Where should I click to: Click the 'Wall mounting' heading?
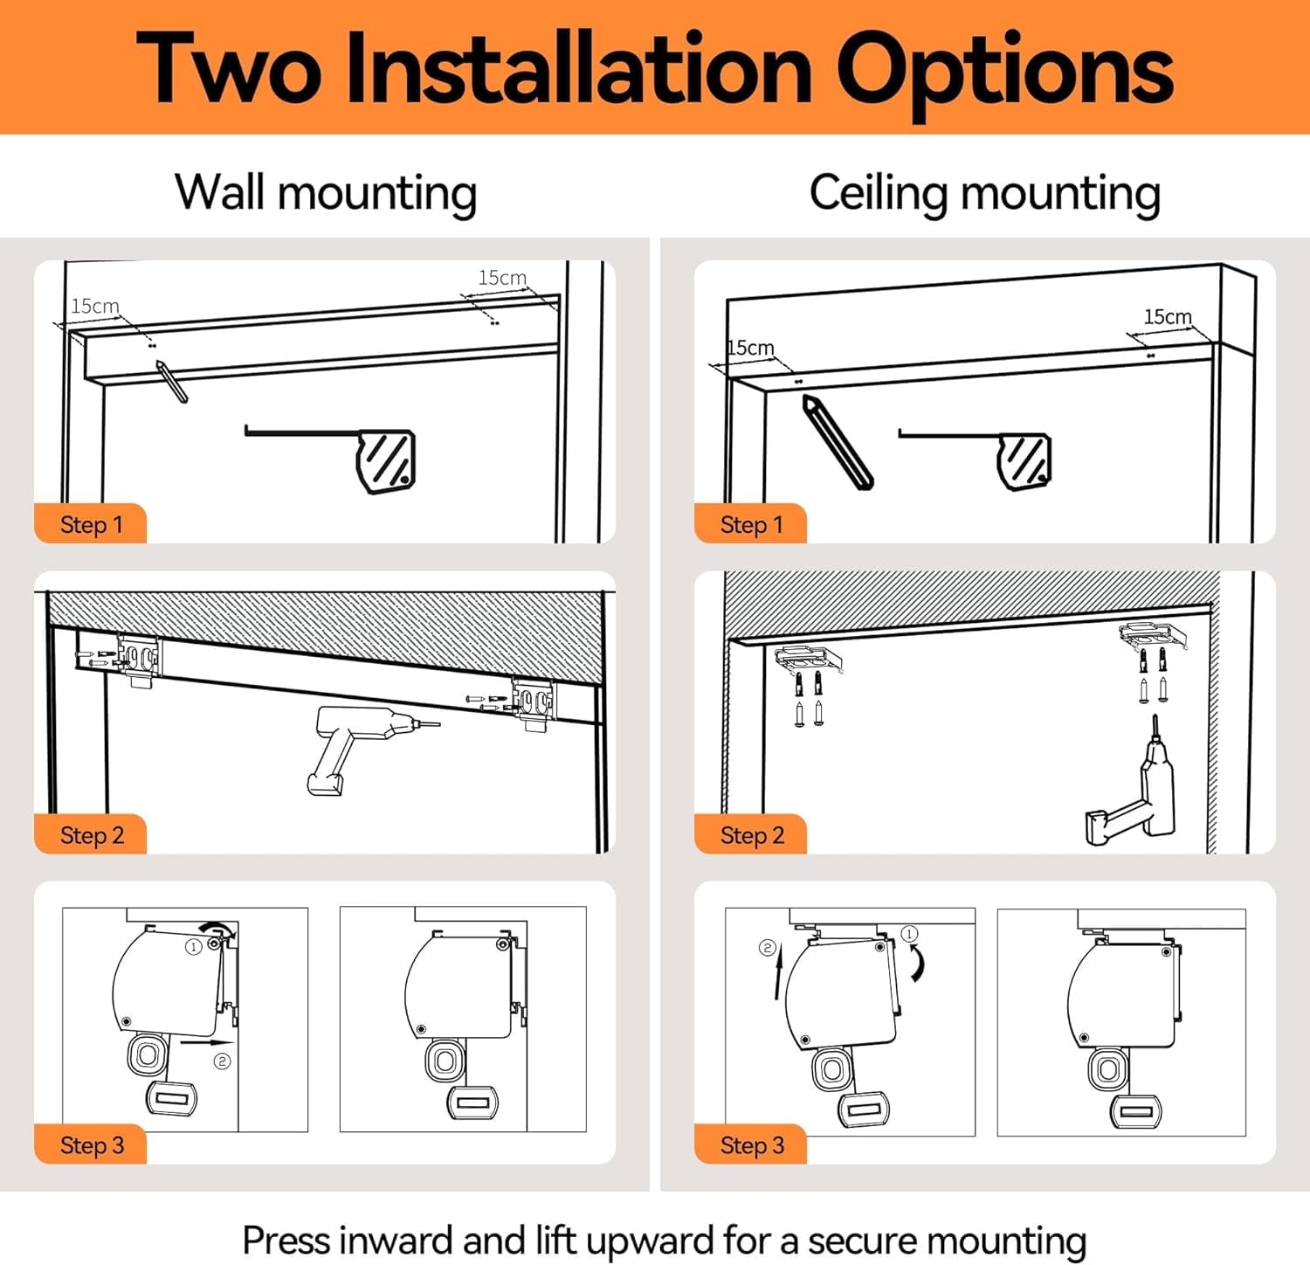pos(326,192)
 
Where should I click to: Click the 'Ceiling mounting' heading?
pos(985,192)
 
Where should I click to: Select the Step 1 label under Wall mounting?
pos(91,524)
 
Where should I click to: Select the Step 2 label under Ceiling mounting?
pos(752,835)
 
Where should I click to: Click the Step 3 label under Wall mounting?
pos(92,1145)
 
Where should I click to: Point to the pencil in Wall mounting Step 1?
pos(171,381)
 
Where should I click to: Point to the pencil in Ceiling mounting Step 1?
pos(838,441)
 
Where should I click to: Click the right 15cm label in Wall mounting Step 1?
pos(502,278)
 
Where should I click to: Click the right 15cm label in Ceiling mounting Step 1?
pos(1168,316)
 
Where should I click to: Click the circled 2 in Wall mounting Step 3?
pos(223,1061)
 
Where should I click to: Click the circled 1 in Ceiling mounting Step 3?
pos(909,935)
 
